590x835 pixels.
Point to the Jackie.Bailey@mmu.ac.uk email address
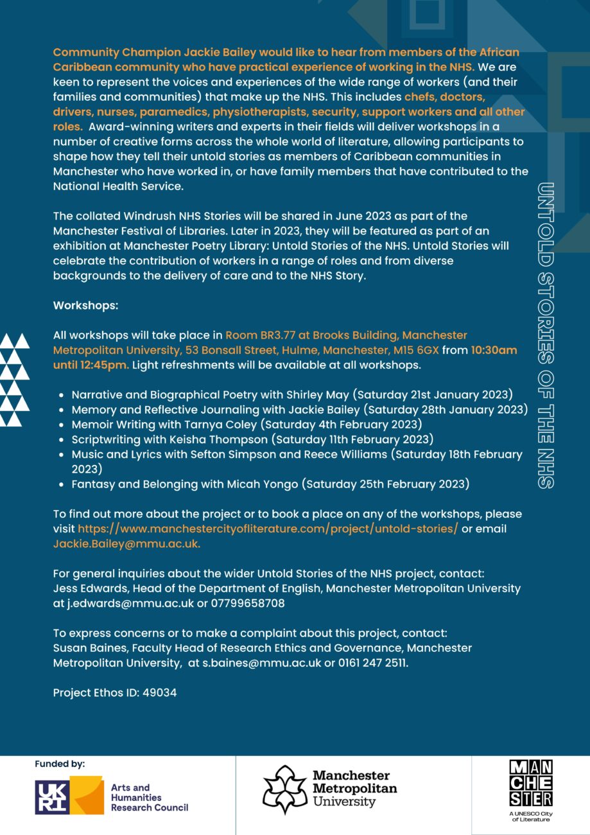coord(126,543)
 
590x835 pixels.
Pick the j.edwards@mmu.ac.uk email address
coord(130,604)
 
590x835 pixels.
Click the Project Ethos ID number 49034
coord(162,692)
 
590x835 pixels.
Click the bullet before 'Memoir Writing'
coord(60,425)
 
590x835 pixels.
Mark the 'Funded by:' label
coord(60,764)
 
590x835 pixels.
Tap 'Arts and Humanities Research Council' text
coord(150,797)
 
